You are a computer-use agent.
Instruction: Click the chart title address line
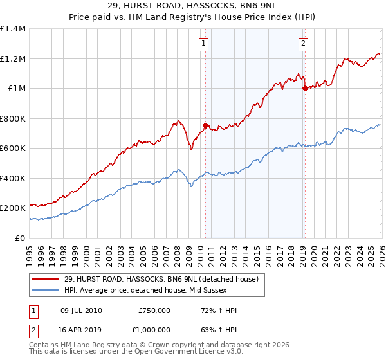click(x=193, y=6)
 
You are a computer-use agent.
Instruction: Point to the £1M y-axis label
click(x=15, y=89)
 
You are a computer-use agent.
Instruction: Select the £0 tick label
click(x=19, y=238)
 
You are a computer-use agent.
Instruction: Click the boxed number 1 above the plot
click(x=204, y=44)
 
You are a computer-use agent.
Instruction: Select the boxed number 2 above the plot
click(x=303, y=44)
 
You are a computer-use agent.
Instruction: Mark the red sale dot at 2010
click(x=205, y=126)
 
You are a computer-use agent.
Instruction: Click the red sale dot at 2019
click(x=305, y=89)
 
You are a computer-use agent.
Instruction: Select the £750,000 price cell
click(x=154, y=310)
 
